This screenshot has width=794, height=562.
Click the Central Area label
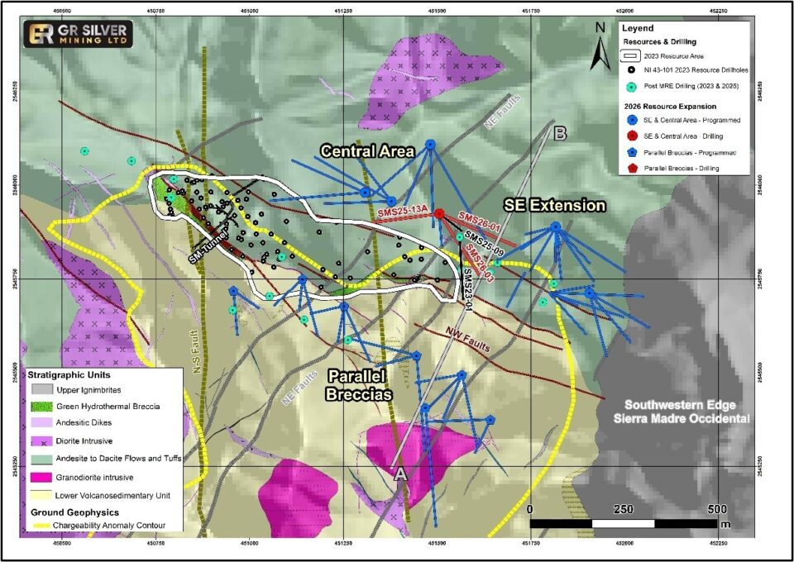point(366,151)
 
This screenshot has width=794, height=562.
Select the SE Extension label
point(554,205)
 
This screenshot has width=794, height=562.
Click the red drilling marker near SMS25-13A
point(439,213)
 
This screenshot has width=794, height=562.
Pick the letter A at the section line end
point(399,474)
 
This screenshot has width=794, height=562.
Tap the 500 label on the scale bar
point(716,508)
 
